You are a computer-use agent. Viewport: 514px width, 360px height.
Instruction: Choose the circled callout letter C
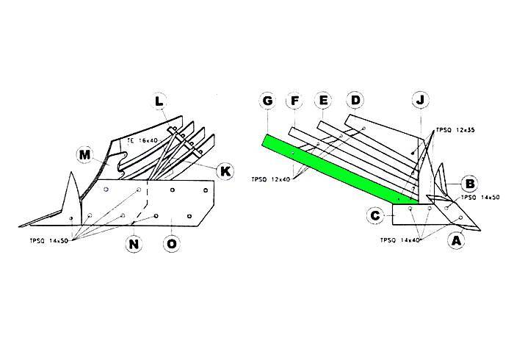(375, 215)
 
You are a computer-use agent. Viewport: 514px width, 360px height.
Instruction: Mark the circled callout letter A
(457, 240)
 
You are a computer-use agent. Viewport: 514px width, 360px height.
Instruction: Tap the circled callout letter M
(85, 154)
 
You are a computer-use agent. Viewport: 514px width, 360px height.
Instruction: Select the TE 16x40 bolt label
(142, 139)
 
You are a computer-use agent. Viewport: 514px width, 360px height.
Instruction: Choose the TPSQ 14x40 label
(399, 240)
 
